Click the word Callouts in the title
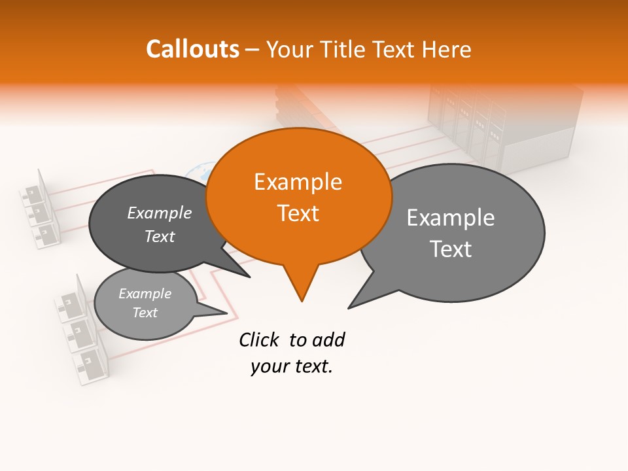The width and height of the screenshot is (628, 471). coord(192,49)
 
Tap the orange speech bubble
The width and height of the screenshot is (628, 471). coord(299,196)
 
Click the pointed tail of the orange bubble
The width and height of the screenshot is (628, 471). coord(301,288)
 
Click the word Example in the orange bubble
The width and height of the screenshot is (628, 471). coord(298,181)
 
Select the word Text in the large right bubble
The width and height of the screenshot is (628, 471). coord(451,249)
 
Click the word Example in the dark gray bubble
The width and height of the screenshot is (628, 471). coord(159,213)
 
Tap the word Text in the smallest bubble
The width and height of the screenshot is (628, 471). coord(145,313)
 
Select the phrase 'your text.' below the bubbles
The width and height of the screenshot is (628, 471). coord(292,366)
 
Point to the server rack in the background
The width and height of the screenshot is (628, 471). coord(504,131)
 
